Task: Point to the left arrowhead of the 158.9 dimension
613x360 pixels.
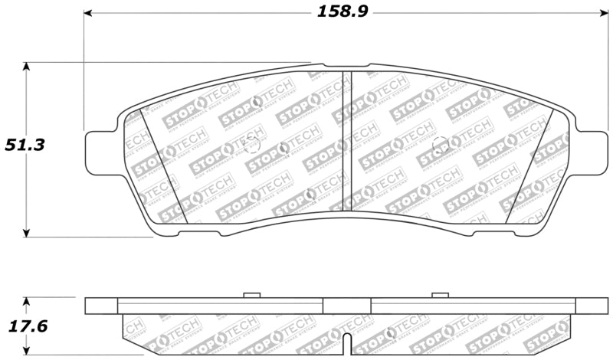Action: tap(88, 13)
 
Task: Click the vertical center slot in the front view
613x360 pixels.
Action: tap(346, 142)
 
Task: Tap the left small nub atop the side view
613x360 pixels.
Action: tap(251, 295)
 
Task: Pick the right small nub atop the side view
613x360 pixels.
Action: tap(439, 295)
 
